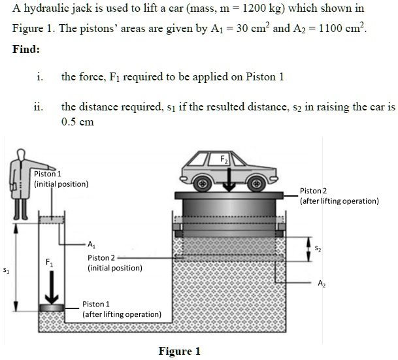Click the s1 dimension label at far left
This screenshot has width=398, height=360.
[x=6, y=269]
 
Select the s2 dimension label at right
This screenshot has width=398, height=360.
[x=318, y=248]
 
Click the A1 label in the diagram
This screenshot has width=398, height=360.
[x=91, y=245]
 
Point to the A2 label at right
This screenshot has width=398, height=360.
[x=321, y=283]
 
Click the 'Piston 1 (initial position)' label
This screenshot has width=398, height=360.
[x=60, y=178]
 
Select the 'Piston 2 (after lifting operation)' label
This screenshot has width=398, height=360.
[x=339, y=195]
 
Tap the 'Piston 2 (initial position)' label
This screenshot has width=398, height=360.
[x=114, y=263]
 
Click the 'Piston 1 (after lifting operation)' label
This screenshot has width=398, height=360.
[x=122, y=309]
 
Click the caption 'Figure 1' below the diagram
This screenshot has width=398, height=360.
[x=179, y=352]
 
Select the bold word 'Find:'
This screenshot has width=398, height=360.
[x=25, y=50]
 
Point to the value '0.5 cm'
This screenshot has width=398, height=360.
[x=77, y=122]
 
